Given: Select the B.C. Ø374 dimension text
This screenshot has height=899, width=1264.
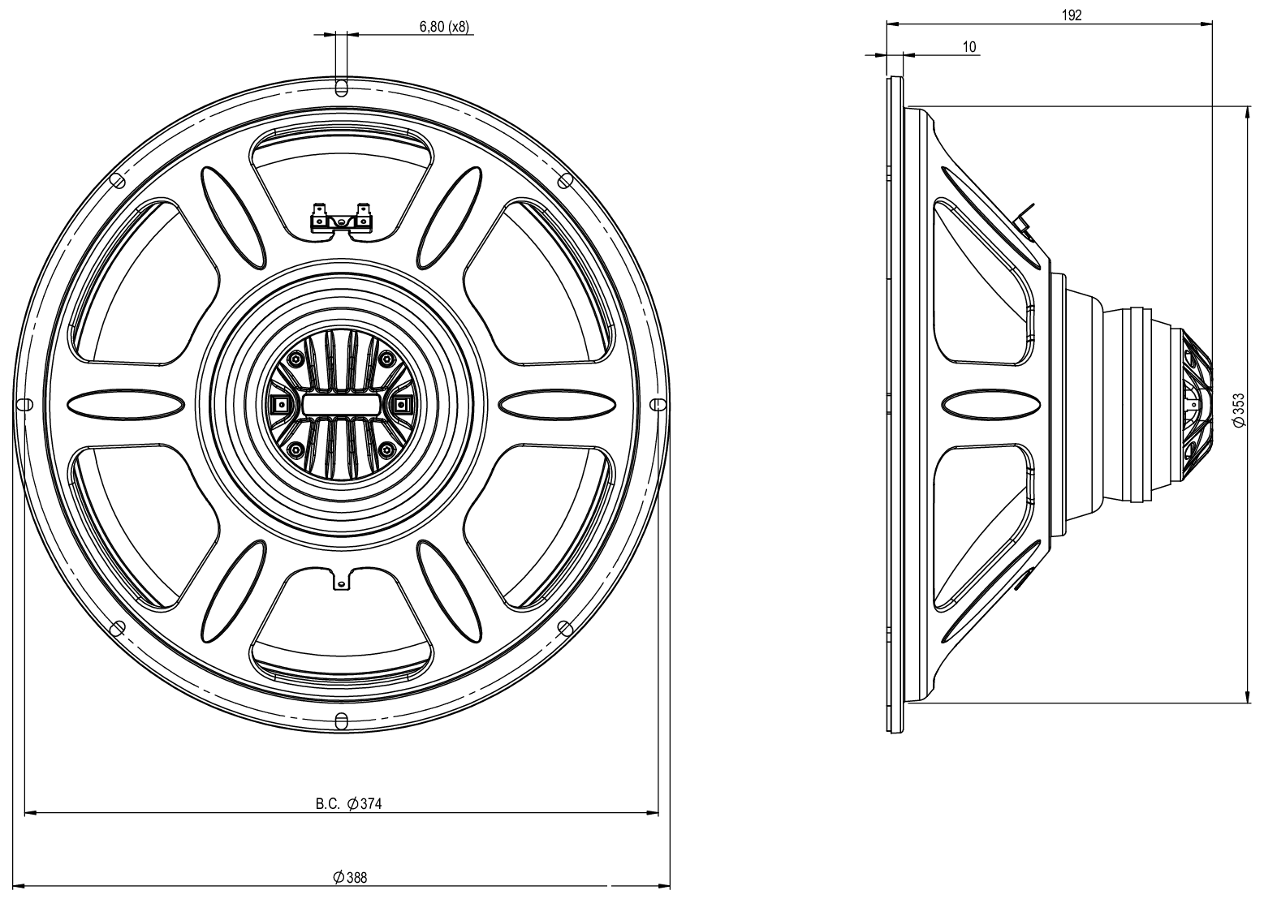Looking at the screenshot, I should pos(348,804).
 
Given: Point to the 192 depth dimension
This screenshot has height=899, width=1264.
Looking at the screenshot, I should pos(1071,15).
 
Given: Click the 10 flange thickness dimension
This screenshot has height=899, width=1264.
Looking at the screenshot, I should pos(969,47).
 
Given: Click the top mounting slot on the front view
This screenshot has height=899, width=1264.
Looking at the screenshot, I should pos(341,87).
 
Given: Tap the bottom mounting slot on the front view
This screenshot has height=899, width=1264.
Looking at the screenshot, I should pos(341,720).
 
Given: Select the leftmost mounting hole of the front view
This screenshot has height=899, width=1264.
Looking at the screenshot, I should pos(24,404).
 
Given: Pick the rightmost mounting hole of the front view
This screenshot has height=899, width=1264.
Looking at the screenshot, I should pos(658,404).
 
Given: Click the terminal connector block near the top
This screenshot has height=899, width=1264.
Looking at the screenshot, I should pos(341,220).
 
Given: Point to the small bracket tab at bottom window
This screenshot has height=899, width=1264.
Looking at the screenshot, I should pos(343,579).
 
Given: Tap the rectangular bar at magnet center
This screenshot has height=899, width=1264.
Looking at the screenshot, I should pos(341,404).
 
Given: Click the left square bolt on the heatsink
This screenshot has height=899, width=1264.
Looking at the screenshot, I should pos(281,404).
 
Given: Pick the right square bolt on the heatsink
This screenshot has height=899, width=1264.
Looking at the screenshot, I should pos(400,404).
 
